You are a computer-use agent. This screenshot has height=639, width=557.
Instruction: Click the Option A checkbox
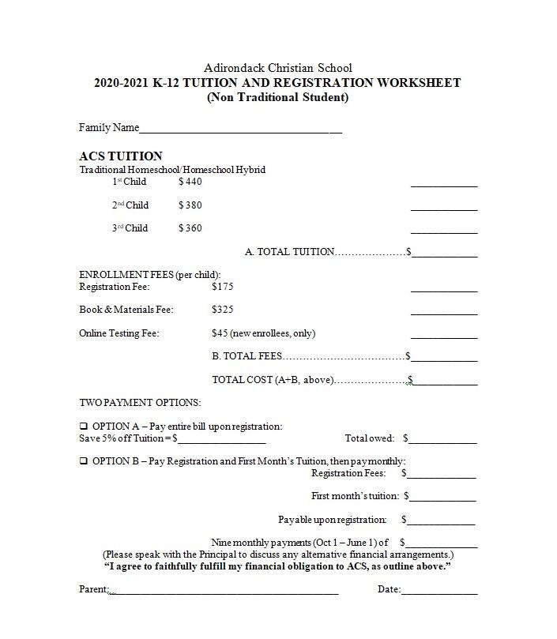pos(84,427)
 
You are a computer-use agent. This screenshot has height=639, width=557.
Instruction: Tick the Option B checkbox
pos(84,461)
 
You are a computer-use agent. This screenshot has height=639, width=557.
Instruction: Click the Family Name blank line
pos(240,130)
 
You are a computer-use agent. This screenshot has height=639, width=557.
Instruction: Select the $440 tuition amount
pos(190,182)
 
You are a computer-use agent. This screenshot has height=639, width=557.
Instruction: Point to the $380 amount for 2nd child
pos(190,205)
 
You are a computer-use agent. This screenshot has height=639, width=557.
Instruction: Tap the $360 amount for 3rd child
pos(190,228)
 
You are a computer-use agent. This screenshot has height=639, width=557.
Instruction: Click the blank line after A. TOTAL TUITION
pos(444,254)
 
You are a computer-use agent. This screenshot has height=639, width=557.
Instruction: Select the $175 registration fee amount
pos(223,287)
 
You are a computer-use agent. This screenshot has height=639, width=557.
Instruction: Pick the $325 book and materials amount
pos(223,310)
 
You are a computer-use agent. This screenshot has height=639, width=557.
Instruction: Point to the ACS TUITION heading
pos(121,156)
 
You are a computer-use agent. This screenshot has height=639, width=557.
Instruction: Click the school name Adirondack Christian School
pos(278,68)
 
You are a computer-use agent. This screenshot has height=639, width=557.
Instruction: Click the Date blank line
pos(439,591)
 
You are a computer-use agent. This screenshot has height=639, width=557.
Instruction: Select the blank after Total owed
pos(442,441)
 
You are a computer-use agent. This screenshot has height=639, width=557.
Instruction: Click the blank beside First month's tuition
pos(442,498)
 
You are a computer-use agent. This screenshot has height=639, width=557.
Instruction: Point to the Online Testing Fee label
pos(119,333)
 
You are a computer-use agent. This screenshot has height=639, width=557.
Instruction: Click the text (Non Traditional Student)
pos(277,98)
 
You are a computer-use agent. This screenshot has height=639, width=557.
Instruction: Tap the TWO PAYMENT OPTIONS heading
pos(140,403)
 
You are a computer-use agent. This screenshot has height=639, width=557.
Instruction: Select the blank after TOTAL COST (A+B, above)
pos(445,382)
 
